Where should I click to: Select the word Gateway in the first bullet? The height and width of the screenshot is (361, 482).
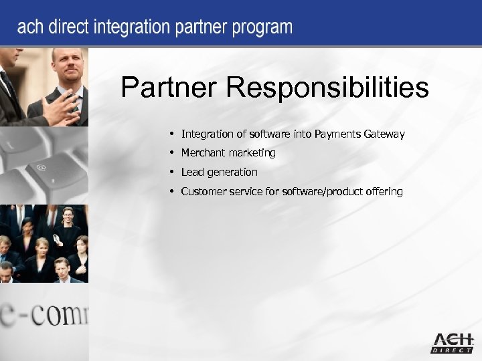(384, 134)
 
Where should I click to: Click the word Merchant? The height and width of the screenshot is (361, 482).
(202, 153)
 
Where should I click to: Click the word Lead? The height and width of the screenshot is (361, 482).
(192, 172)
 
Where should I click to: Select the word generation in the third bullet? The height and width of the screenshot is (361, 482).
(232, 172)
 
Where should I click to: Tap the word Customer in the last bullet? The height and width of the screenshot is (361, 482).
(204, 192)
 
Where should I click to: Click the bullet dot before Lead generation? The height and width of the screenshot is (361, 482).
(173, 172)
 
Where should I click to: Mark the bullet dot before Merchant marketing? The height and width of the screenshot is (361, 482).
(173, 153)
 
